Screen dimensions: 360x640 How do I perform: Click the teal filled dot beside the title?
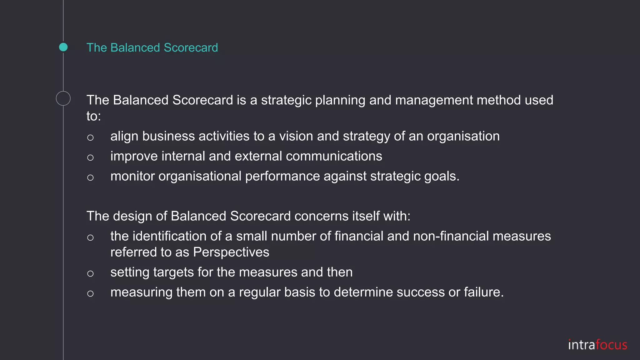coord(63,47)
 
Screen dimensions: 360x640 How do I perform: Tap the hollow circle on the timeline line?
coord(63,98)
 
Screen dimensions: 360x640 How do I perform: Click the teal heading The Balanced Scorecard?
coord(152,47)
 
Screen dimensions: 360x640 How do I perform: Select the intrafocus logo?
coord(597,345)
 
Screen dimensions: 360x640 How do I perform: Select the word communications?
coord(334,156)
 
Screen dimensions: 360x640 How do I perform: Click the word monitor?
coord(132,176)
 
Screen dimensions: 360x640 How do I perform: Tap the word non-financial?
coord(451,236)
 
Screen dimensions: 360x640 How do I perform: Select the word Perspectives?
coord(231,252)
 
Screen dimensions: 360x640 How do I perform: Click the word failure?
coord(483,292)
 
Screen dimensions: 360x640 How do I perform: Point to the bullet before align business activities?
coord(90,137)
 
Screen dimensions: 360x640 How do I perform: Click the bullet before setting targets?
coord(90,274)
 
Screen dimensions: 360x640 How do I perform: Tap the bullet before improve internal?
coord(90,157)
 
